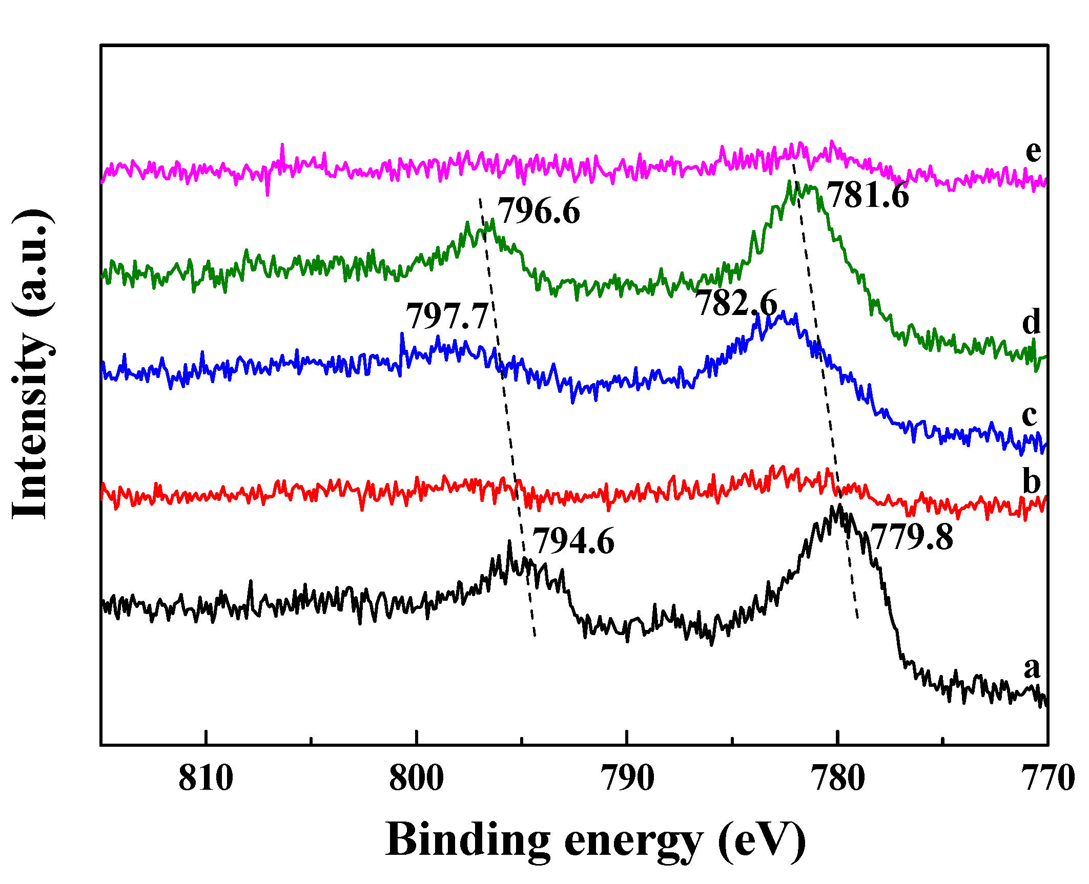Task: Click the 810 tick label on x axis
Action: click(x=206, y=779)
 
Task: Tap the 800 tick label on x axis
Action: click(x=416, y=779)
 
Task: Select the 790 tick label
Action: click(x=627, y=779)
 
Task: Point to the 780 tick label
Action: click(x=838, y=779)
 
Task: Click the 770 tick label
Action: click(x=1048, y=779)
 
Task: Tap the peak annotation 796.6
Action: click(x=539, y=211)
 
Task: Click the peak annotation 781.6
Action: click(x=868, y=196)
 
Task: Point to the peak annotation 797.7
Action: click(x=447, y=317)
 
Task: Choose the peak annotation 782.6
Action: click(x=736, y=303)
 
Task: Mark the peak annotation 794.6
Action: click(x=573, y=541)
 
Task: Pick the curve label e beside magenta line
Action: click(x=1033, y=152)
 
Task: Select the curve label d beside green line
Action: click(x=1032, y=322)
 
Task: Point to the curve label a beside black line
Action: click(x=1032, y=667)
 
